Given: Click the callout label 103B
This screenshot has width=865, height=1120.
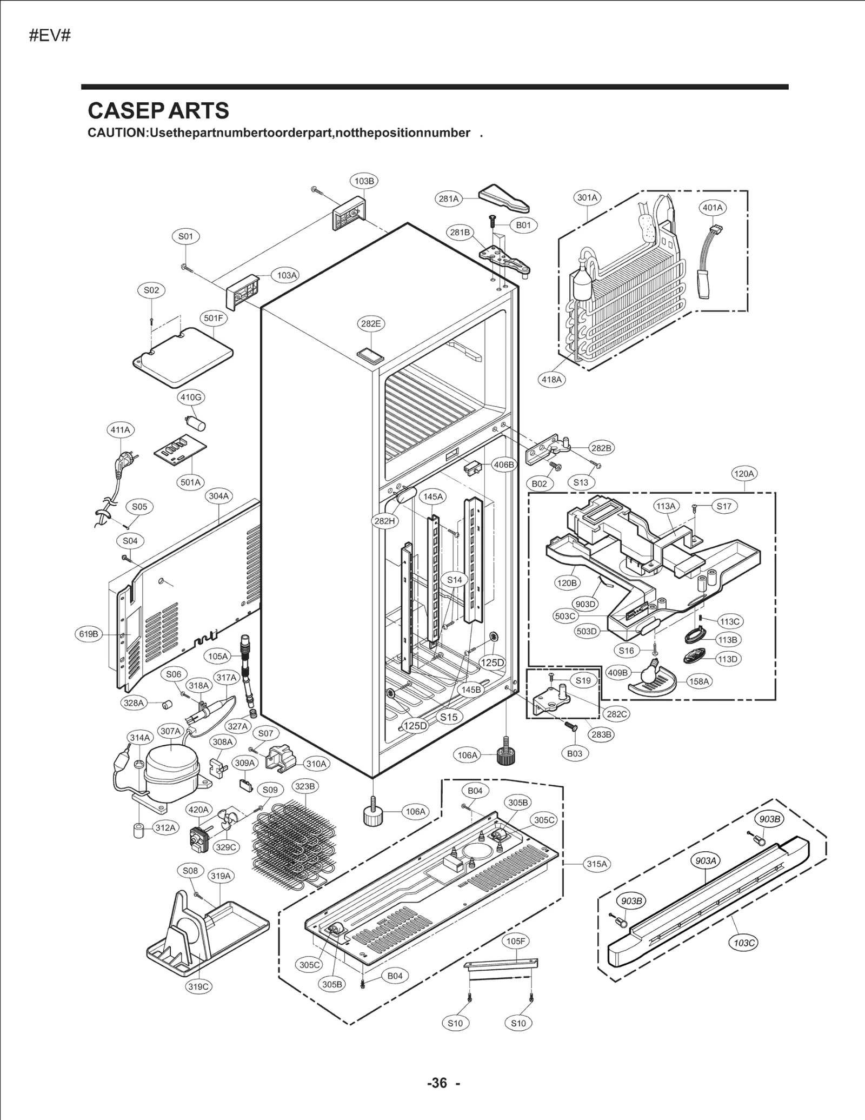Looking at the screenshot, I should tap(364, 181).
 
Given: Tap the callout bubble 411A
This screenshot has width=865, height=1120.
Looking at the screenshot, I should tap(121, 430).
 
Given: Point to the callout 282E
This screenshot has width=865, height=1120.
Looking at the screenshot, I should tap(371, 324).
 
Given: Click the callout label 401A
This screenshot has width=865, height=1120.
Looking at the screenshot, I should tap(712, 208).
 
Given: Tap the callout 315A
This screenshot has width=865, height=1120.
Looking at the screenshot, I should tap(597, 864).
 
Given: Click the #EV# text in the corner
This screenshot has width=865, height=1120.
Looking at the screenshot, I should tap(50, 36).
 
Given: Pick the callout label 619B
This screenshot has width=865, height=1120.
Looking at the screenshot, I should tap(89, 634).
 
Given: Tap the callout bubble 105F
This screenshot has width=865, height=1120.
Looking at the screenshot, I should tap(515, 941).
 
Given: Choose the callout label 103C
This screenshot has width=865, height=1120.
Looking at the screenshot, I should tap(744, 944).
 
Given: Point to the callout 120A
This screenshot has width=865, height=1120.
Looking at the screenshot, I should tap(743, 474).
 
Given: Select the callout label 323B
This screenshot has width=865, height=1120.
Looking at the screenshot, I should tap(304, 786).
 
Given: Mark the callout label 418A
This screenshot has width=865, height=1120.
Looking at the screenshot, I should tap(552, 380).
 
